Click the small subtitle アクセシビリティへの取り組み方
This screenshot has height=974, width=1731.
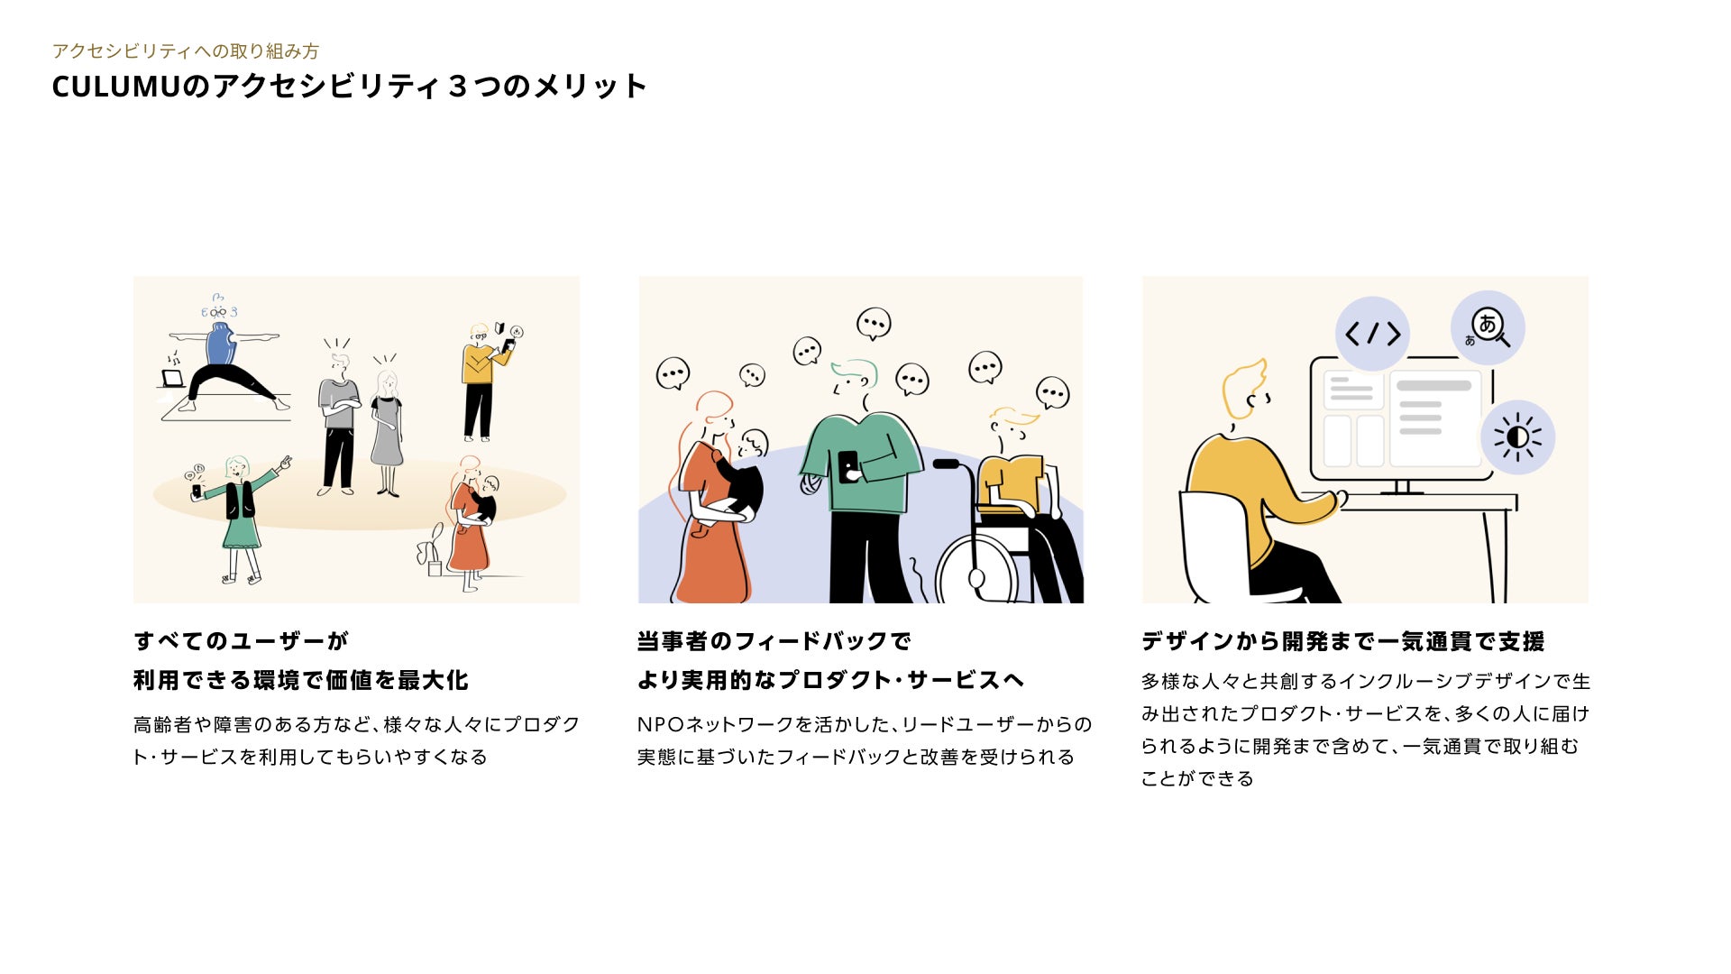(x=186, y=51)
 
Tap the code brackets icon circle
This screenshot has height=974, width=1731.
(x=1372, y=334)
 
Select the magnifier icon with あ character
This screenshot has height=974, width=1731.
(x=1488, y=327)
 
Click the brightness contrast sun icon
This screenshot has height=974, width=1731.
(x=1517, y=437)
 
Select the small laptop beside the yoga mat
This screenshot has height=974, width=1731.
(x=172, y=379)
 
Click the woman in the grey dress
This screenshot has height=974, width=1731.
(x=387, y=429)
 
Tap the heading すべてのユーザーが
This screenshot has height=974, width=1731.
(x=241, y=641)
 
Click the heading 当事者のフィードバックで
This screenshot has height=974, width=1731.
(x=774, y=641)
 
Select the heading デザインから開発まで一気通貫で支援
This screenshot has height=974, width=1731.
(x=1343, y=641)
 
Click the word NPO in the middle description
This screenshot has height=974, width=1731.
(x=661, y=724)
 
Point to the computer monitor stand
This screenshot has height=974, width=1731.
(x=1402, y=487)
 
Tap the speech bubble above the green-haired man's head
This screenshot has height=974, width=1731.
(x=873, y=324)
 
